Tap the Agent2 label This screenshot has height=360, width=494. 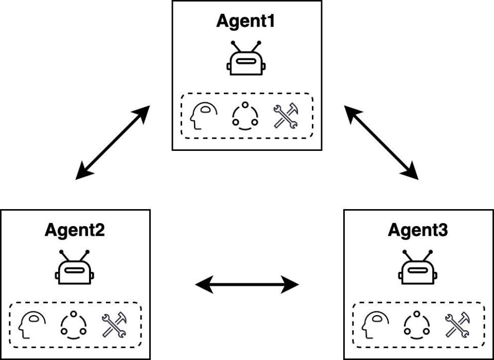[x=75, y=230]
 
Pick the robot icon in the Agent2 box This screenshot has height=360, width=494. [x=75, y=268]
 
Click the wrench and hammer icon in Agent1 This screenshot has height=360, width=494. [x=286, y=116]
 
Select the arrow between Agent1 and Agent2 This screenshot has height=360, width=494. [x=113, y=142]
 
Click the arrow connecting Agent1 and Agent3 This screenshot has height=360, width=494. [x=381, y=142]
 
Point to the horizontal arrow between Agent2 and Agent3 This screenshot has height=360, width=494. [x=247, y=283]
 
